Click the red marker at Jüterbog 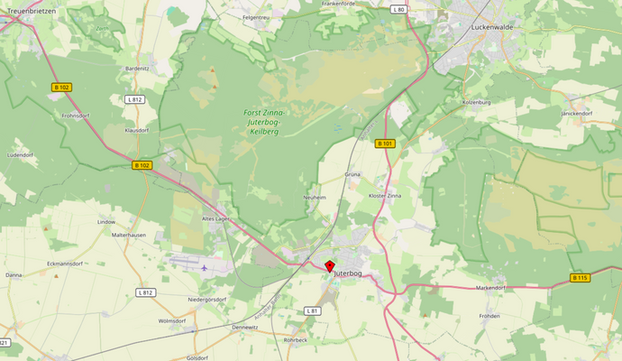pos(329,266)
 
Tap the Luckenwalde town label pos(491,27)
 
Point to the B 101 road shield pos(385,143)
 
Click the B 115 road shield pos(580,277)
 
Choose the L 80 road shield pos(399,9)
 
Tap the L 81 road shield pos(312,310)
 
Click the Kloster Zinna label pos(385,196)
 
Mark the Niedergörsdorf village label pos(206,299)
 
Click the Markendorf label pos(491,288)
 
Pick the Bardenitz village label pos(137,68)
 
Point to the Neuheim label pos(314,197)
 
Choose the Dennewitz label pos(245,327)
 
